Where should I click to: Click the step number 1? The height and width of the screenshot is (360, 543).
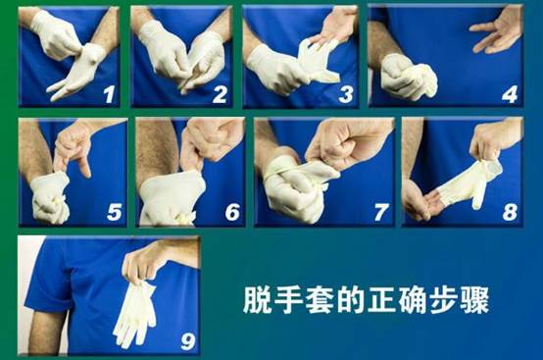tap(109, 94)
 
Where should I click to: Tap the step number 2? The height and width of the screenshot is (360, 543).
tap(221, 94)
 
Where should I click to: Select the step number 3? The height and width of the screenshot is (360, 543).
tap(346, 94)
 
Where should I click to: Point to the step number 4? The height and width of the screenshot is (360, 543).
tap(510, 94)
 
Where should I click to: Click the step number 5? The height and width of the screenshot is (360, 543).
tap(115, 212)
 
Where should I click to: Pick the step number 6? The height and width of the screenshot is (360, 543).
tap(232, 212)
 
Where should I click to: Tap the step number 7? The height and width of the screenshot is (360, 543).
tap(381, 212)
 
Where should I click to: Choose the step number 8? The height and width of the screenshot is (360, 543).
tap(510, 212)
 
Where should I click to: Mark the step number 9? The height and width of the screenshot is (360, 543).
tap(188, 341)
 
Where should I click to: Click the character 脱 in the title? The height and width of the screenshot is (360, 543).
tap(257, 300)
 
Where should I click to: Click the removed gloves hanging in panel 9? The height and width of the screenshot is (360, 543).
tap(135, 314)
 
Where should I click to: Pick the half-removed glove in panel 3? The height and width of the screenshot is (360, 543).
tap(316, 61)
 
